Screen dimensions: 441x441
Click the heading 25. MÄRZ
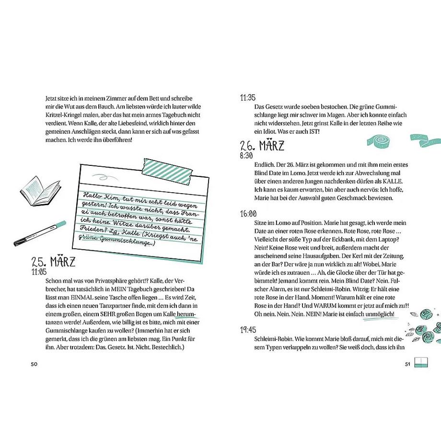[53, 262]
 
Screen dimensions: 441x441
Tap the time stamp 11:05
[40, 271]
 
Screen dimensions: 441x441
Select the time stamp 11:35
[248, 97]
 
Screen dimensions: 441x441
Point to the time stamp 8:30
[246, 156]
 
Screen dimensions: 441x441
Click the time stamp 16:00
[248, 214]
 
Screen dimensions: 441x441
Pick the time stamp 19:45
[248, 330]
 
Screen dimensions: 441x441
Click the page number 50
[34, 364]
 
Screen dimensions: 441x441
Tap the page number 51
[406, 364]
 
